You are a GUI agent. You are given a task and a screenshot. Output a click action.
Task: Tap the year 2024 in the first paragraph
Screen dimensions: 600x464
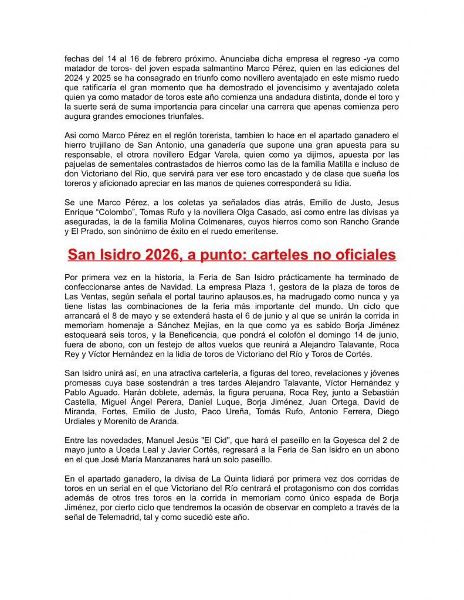tap(75, 79)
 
